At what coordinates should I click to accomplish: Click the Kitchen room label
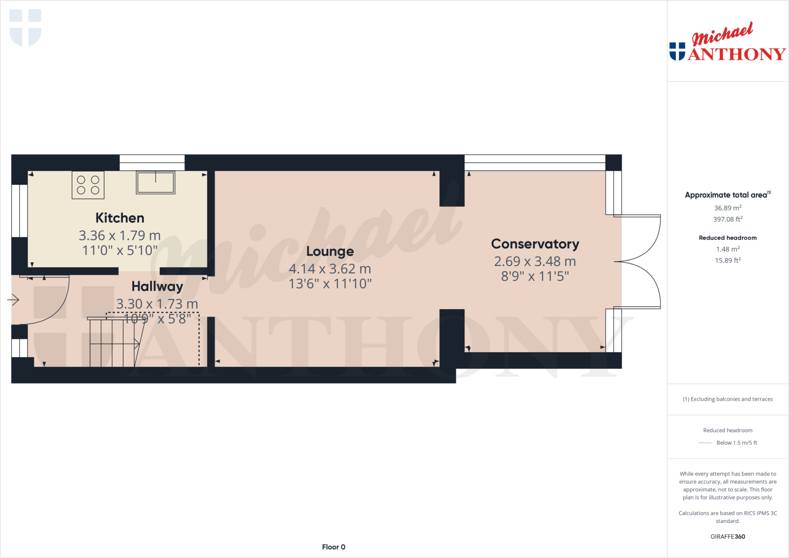tap(120, 218)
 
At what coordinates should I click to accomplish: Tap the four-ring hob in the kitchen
tap(88, 185)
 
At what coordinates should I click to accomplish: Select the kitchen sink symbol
tap(156, 183)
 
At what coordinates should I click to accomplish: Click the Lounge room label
tap(330, 251)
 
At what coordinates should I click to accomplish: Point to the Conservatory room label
tap(535, 244)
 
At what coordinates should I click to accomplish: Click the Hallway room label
tap(157, 287)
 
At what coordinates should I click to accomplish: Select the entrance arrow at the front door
tap(13, 300)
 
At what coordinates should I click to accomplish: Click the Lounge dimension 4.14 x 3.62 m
tap(330, 269)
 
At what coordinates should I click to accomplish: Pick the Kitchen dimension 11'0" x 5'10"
tap(120, 251)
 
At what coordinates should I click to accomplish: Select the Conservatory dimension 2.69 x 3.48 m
tap(535, 261)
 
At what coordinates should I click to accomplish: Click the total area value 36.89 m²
tap(728, 208)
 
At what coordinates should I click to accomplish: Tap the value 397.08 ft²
tap(728, 219)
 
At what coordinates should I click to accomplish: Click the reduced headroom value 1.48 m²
tap(728, 249)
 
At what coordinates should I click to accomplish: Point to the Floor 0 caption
tap(334, 547)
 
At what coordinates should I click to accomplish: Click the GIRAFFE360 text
tap(728, 536)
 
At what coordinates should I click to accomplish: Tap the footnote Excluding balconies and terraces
tap(728, 399)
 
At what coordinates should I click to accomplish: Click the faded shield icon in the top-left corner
tap(25, 27)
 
